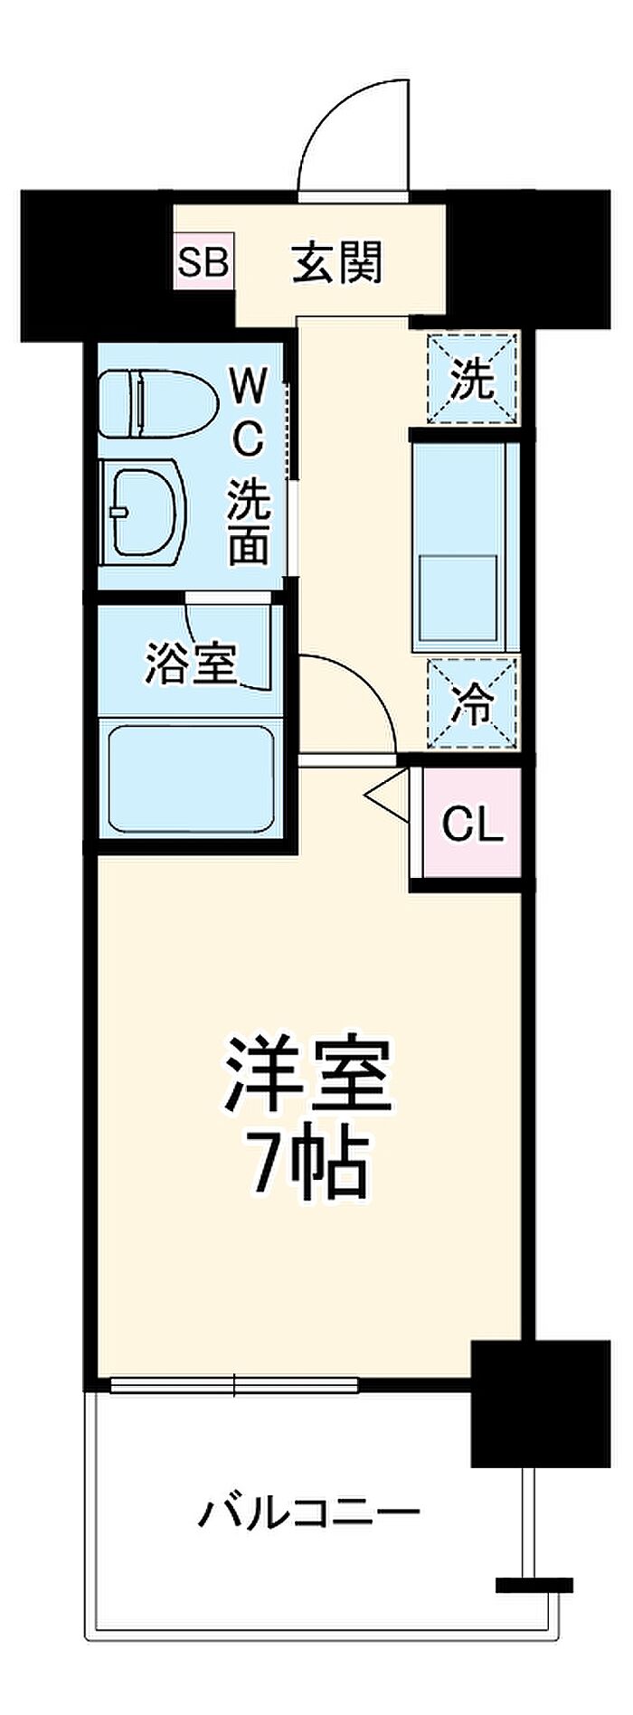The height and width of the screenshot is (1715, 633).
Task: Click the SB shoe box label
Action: coord(203,262)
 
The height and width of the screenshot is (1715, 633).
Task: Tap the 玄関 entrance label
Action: coord(337,262)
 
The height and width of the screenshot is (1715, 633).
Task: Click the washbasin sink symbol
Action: coord(143,511)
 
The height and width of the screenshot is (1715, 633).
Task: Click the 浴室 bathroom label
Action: coord(191,665)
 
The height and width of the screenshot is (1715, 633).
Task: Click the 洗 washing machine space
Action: coord(472,378)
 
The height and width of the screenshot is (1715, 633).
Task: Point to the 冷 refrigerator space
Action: coord(472,704)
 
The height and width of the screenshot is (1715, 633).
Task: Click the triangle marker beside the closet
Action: coord(386,796)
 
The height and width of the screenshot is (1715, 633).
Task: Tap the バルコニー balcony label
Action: coord(308,1511)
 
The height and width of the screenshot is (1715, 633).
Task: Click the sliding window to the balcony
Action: coord(234,1384)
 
